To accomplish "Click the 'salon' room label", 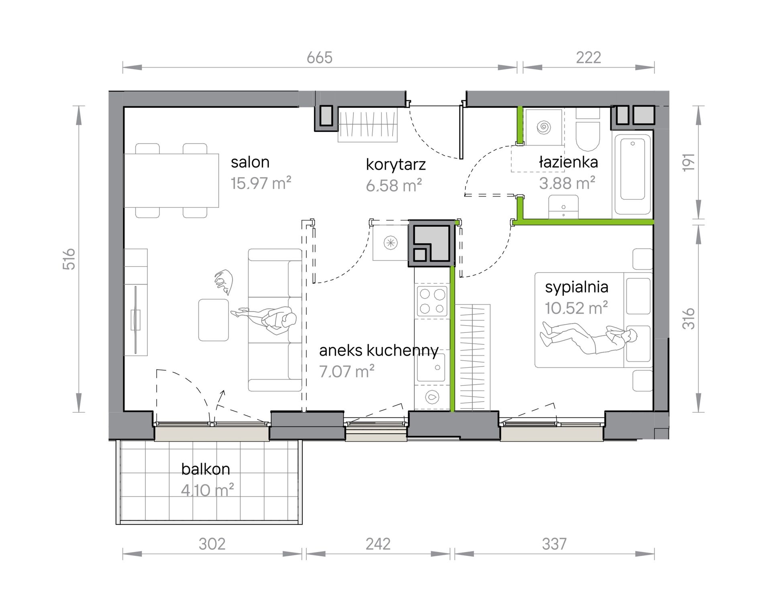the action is [250, 162].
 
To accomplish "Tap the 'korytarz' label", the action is [396, 165].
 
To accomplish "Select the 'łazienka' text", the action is [568, 162].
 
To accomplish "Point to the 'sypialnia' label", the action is [576, 287].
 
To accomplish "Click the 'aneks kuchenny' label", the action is [379, 351].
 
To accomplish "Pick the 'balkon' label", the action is [206, 469].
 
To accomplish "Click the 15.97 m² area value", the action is [261, 183].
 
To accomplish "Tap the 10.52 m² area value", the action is [576, 308].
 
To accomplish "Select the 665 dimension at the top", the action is [320, 58].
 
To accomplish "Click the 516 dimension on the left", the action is [69, 259].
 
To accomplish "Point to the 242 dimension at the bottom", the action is [378, 544].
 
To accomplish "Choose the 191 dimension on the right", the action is [689, 162].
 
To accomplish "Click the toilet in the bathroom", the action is [588, 129].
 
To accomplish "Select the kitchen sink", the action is [431, 367].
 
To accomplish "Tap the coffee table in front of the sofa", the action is [214, 320].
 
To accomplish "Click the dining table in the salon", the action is [171, 180].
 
